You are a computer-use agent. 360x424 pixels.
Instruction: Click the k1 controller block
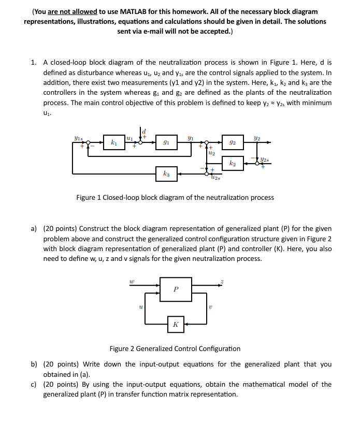[x=113, y=141]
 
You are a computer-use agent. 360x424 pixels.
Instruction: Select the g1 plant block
[x=165, y=141]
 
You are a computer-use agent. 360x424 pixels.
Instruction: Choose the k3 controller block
[x=165, y=174]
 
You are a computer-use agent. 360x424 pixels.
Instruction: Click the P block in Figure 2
[x=176, y=290]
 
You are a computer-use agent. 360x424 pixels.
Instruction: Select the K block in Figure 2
[x=176, y=325]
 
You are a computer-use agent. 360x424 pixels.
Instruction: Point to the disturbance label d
[x=145, y=131]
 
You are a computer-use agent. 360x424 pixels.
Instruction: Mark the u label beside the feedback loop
[x=140, y=308]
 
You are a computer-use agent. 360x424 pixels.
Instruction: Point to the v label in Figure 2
[x=210, y=308]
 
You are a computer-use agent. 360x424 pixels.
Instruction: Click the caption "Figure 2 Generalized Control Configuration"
[x=175, y=348]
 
